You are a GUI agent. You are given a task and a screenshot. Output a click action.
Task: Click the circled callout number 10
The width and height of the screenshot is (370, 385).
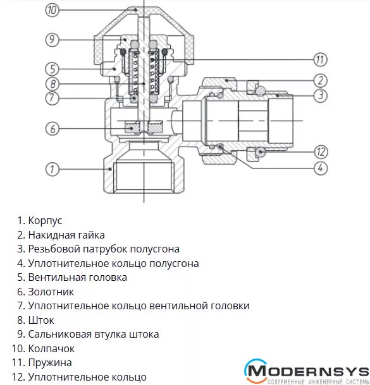[x=52, y=10]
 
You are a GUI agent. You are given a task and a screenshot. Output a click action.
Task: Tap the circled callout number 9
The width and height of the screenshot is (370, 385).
[x=52, y=40]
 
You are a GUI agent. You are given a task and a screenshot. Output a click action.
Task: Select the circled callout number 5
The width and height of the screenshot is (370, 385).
[x=52, y=69]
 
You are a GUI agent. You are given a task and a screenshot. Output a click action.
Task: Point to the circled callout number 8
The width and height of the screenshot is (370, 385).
[x=52, y=84]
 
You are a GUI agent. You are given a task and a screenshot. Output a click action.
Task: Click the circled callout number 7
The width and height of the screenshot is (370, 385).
[x=52, y=98]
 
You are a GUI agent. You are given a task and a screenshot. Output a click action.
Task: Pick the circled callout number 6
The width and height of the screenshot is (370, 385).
[x=52, y=129]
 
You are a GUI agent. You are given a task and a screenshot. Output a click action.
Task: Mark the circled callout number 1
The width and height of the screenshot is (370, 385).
[x=52, y=169]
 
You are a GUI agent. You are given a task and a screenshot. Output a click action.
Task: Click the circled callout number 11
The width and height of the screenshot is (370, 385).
[x=320, y=59]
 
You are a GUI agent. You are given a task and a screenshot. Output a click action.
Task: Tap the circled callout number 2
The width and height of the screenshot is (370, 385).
[x=320, y=81]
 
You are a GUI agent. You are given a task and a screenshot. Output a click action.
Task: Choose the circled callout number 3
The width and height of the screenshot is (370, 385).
[x=320, y=95]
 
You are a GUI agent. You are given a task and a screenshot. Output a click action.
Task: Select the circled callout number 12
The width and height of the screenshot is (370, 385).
[x=321, y=151]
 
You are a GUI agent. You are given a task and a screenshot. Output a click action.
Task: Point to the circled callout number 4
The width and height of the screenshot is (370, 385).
[x=320, y=168]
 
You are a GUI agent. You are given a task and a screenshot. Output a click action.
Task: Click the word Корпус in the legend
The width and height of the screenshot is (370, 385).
[x=45, y=221]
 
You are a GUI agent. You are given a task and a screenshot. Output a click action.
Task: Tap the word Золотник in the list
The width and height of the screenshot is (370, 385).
[x=51, y=292]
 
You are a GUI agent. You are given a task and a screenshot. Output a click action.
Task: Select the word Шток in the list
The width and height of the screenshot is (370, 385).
[x=41, y=320]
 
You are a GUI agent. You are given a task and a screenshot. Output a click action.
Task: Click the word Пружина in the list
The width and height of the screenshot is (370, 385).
[x=50, y=363]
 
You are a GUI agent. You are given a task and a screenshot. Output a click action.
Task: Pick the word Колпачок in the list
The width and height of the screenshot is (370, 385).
[x=51, y=348]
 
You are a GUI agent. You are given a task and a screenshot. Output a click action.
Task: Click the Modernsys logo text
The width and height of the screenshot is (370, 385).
[x=307, y=371]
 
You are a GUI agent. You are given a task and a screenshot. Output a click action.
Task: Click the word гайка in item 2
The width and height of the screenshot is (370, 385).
[x=91, y=235]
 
